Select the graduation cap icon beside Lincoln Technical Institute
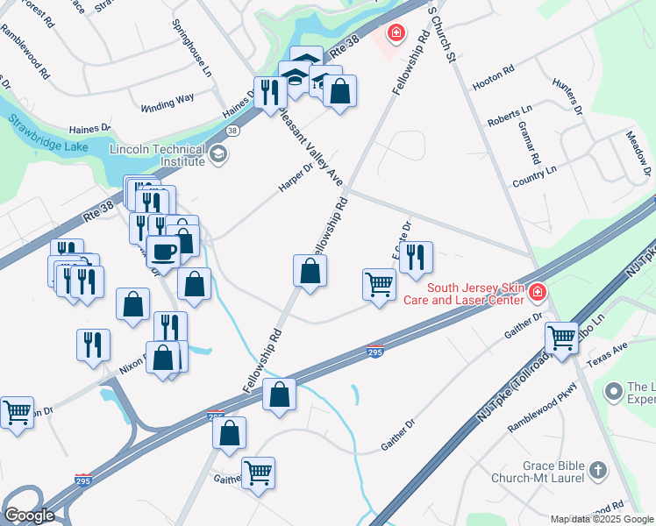(x=218, y=155)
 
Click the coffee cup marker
(x=164, y=252)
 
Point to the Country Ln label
(x=534, y=174)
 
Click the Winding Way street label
(x=168, y=103)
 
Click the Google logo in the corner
(x=30, y=515)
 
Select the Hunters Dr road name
(x=567, y=96)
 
